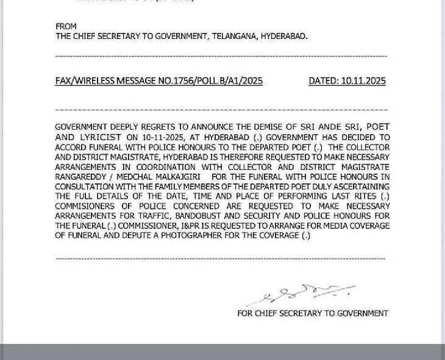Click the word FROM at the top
(x=66, y=27)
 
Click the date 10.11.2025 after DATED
(x=363, y=80)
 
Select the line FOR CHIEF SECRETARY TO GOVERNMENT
(x=313, y=313)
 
